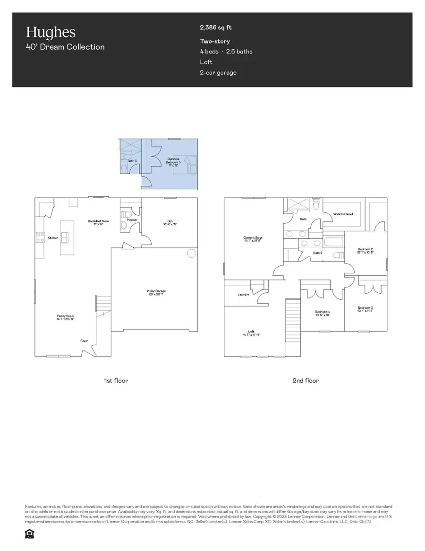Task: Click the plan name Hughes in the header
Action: coord(51,32)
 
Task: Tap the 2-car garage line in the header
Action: coord(218,72)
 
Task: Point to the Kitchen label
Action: coord(53,238)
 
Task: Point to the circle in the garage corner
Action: coord(191,254)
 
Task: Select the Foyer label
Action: coord(85,341)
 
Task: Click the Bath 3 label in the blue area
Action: coord(132,161)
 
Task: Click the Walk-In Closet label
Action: coord(344,214)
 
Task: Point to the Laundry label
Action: coord(243,295)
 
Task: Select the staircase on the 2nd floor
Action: coord(293,326)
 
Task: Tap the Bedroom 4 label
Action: coord(322,313)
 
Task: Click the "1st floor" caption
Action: coord(116,380)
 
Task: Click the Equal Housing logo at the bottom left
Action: coord(29,534)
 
